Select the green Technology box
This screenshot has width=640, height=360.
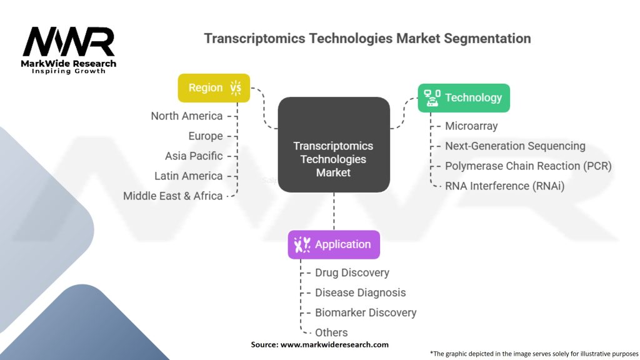[464, 97]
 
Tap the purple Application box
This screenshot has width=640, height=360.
[333, 244]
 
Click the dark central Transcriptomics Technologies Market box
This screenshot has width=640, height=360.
[333, 144]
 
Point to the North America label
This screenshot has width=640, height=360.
[186, 116]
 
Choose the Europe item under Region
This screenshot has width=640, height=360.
[205, 136]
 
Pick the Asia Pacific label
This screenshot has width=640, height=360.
[193, 156]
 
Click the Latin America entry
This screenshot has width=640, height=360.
[188, 176]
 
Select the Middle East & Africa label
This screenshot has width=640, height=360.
[172, 196]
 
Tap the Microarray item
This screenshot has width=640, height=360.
[471, 126]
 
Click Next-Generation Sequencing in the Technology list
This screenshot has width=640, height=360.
[515, 146]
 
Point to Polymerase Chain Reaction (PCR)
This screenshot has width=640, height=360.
[528, 166]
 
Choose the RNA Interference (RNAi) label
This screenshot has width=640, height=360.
[504, 186]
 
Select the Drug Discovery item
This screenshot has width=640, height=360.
[352, 272]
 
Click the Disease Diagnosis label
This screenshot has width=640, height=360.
[360, 292]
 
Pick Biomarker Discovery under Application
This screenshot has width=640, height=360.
[366, 312]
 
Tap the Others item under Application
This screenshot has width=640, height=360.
[331, 332]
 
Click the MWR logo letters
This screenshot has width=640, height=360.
[69, 42]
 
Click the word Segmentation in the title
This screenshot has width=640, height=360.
[487, 38]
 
